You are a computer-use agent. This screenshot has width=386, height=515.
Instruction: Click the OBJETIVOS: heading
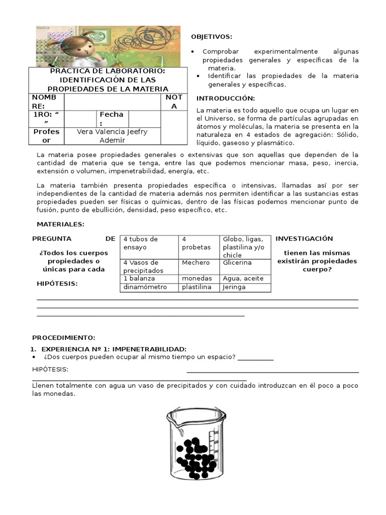point(212,37)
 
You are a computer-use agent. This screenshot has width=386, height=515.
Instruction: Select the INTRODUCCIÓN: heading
point(226,98)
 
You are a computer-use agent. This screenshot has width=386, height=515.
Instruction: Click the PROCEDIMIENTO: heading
point(64,337)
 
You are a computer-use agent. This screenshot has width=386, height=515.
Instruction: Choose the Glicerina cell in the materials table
point(238,263)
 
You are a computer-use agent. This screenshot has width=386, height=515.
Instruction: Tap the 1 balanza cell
point(139,278)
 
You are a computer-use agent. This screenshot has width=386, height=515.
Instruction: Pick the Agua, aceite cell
point(244,278)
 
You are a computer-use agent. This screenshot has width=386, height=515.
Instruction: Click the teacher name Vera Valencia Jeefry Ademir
point(112,136)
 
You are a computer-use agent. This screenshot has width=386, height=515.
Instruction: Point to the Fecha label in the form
point(111,119)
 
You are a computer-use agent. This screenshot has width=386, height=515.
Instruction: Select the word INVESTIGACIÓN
point(304,238)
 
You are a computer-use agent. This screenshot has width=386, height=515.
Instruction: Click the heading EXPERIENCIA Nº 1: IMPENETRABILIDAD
point(114,349)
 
